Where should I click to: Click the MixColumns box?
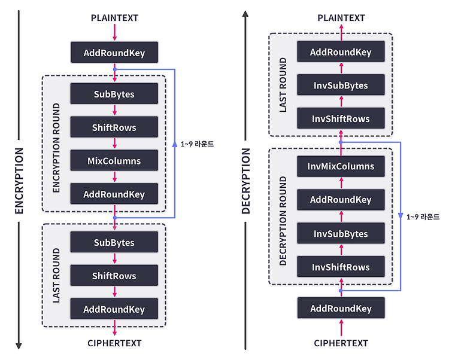click(x=114, y=160)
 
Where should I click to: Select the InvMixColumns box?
click(x=341, y=166)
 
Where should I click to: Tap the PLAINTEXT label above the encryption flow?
click(x=114, y=18)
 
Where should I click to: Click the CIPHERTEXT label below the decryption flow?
click(x=341, y=343)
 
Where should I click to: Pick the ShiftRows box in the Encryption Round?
click(x=114, y=127)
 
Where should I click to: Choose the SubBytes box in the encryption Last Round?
click(x=114, y=242)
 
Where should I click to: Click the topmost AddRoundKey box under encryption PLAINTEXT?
click(x=114, y=53)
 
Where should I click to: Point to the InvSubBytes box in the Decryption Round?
click(x=341, y=233)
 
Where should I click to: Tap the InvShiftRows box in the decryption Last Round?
click(x=341, y=118)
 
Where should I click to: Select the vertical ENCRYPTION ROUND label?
click(x=56, y=148)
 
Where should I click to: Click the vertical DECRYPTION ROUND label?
click(x=283, y=221)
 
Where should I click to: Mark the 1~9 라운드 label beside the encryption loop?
click(x=197, y=144)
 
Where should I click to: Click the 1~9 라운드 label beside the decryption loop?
click(x=423, y=216)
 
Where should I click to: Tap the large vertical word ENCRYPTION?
click(x=19, y=181)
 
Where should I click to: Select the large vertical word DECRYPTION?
click(x=245, y=181)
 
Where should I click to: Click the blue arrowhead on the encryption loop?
click(x=175, y=144)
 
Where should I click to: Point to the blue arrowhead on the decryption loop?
click(x=401, y=216)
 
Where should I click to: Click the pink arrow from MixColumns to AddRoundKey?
click(x=114, y=177)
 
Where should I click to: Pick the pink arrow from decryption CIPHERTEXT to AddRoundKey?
click(x=341, y=328)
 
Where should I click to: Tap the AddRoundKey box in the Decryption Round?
click(x=341, y=200)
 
